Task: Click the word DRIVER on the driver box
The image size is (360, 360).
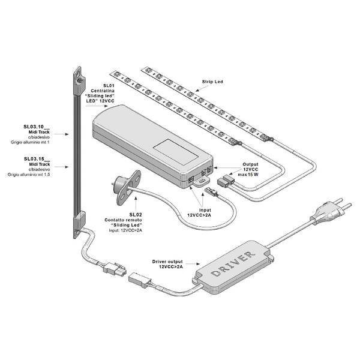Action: (x=233, y=263)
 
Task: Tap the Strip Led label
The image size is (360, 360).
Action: (x=212, y=82)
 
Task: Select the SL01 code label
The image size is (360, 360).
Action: (x=109, y=86)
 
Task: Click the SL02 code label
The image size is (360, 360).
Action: (x=136, y=215)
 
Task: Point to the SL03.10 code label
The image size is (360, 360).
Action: (x=37, y=127)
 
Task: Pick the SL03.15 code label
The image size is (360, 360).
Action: (x=37, y=159)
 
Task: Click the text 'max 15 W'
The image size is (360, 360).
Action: (x=248, y=175)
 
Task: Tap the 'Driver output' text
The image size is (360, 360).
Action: (x=167, y=262)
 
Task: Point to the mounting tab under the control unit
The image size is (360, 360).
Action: (x=202, y=181)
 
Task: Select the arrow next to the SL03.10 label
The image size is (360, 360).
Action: (x=62, y=134)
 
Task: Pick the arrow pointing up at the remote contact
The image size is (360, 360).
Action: (x=136, y=203)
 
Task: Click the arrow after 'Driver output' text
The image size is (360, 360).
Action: (x=193, y=264)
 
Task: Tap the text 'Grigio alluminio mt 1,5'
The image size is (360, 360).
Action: (x=29, y=175)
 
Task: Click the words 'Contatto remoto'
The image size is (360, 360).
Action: (x=123, y=220)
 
